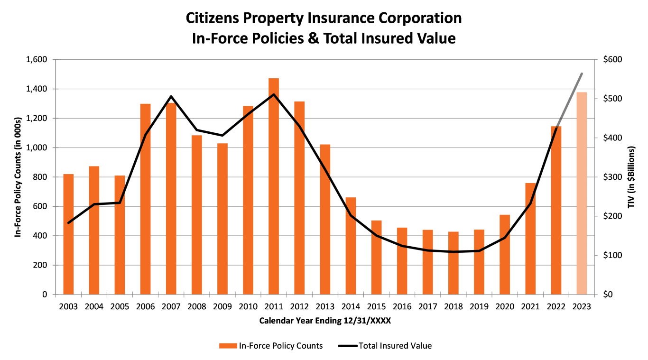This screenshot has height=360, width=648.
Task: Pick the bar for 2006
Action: click(145, 199)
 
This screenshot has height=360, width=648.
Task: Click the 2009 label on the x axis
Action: click(222, 306)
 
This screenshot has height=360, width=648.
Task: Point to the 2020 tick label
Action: click(505, 306)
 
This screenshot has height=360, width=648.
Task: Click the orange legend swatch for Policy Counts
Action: click(228, 346)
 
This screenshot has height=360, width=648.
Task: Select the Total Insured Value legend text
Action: click(395, 346)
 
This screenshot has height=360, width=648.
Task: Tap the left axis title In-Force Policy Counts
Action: click(18, 176)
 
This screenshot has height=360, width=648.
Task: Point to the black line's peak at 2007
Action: click(171, 97)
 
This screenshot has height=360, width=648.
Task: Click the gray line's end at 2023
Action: click(582, 74)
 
